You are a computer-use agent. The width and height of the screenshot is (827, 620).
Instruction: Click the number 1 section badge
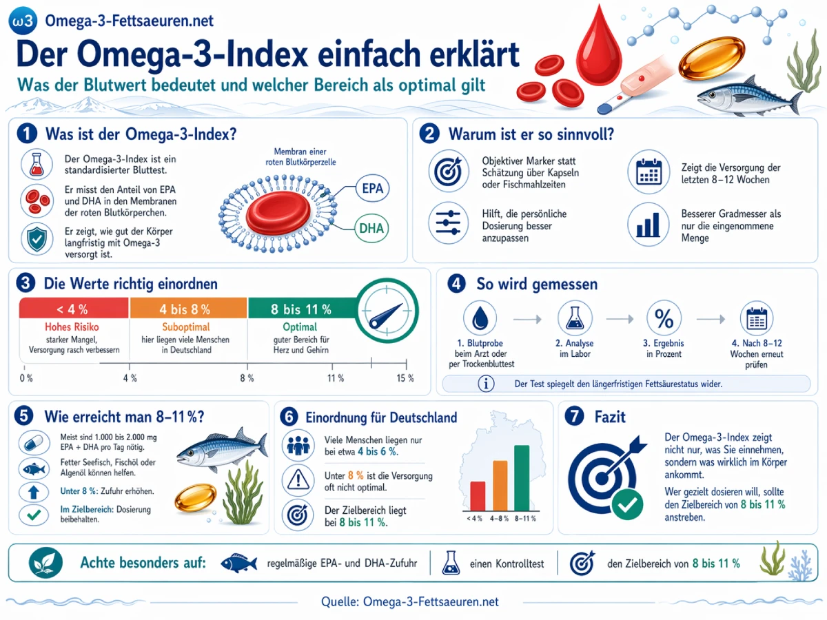click(x=27, y=133)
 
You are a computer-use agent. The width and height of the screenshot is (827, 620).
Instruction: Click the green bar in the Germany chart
click(x=522, y=477)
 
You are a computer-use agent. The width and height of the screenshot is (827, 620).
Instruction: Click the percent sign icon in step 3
click(x=664, y=318)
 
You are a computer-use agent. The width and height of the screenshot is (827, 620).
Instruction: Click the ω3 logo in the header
click(x=22, y=21)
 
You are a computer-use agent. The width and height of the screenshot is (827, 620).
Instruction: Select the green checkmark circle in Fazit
click(x=626, y=504)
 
